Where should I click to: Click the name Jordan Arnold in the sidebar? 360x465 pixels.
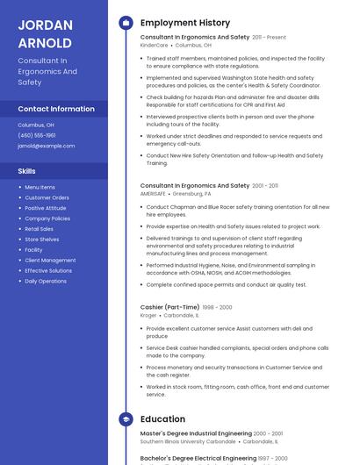[45, 33]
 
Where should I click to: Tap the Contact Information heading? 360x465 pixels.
[56, 109]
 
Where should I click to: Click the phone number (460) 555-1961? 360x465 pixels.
[37, 135]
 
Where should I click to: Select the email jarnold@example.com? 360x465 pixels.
[47, 146]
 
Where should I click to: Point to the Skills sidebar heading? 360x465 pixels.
[27, 171]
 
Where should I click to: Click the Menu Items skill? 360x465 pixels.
[40, 187]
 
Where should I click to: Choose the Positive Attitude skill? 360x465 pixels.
[46, 208]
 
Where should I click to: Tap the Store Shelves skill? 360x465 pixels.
[42, 240]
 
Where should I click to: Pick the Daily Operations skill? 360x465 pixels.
[46, 282]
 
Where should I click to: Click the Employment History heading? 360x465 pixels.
[185, 23]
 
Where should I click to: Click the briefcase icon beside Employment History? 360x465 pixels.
[126, 23]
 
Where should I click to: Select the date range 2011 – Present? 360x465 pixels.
[270, 38]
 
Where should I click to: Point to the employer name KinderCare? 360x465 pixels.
[154, 46]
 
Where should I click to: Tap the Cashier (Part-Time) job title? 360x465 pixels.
[169, 307]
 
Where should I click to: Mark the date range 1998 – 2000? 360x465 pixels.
[217, 307]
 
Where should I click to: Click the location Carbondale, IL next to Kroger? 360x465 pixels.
[181, 315]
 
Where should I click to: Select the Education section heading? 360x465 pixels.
[162, 419]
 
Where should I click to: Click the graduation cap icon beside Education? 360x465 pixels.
[126, 419]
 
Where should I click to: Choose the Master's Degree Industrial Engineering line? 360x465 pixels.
[196, 433]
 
